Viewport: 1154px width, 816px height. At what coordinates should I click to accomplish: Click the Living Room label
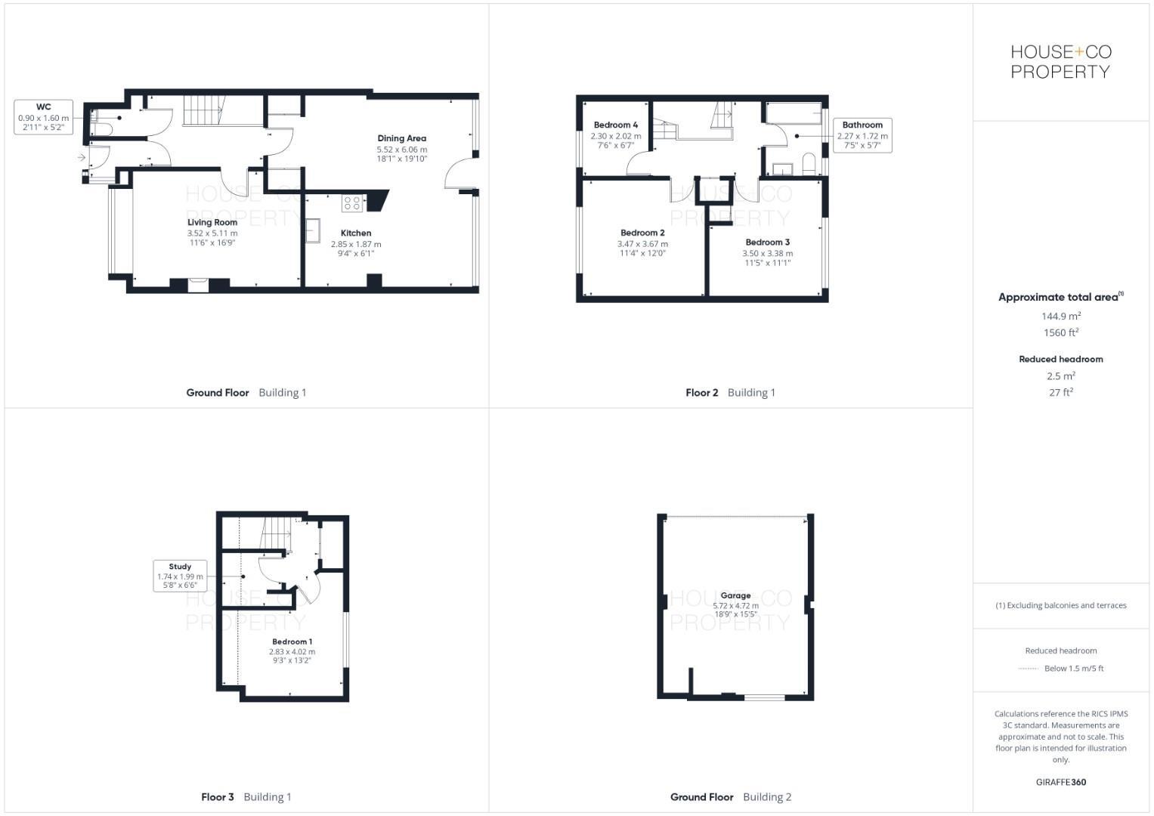(212, 222)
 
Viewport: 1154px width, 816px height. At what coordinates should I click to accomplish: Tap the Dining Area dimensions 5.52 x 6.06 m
(401, 150)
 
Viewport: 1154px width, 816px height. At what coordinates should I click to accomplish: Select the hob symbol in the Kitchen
(351, 202)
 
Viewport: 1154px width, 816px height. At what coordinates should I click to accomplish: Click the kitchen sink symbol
(313, 230)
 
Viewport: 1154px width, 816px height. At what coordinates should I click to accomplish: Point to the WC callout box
(44, 117)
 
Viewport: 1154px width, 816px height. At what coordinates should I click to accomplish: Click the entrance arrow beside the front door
(81, 157)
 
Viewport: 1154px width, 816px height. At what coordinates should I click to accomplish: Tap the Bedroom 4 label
(615, 125)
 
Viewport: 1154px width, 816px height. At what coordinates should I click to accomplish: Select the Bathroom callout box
(862, 135)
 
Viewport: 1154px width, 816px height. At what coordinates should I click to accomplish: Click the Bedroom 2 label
(642, 233)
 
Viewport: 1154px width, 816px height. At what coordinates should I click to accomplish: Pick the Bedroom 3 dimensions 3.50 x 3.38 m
(767, 253)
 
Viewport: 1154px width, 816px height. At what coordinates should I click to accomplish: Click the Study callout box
(180, 576)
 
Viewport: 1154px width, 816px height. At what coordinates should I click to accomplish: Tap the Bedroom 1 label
(292, 641)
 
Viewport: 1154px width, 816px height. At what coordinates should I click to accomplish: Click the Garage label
(735, 595)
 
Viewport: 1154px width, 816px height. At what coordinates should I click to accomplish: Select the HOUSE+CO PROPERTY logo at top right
(1060, 62)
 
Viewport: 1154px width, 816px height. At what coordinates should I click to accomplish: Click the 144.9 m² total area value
(1060, 316)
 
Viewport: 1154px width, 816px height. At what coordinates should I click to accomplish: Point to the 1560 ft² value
(1060, 332)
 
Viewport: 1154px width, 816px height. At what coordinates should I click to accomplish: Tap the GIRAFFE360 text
(1060, 782)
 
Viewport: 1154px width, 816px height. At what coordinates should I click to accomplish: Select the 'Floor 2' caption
(701, 393)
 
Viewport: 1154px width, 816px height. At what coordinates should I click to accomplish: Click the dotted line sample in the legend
(1028, 669)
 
